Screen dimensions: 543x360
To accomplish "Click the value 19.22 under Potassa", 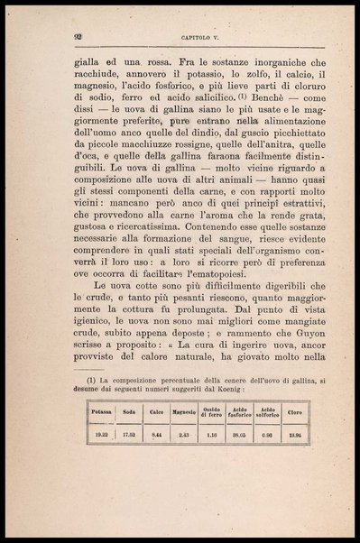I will pyautogui.click(x=102, y=435).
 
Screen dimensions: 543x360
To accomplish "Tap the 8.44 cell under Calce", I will pyautogui.click(x=157, y=435).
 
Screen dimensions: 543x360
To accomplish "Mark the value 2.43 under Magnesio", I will pyautogui.click(x=184, y=435).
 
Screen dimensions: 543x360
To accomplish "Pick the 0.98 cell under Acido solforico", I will pyautogui.click(x=268, y=435).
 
